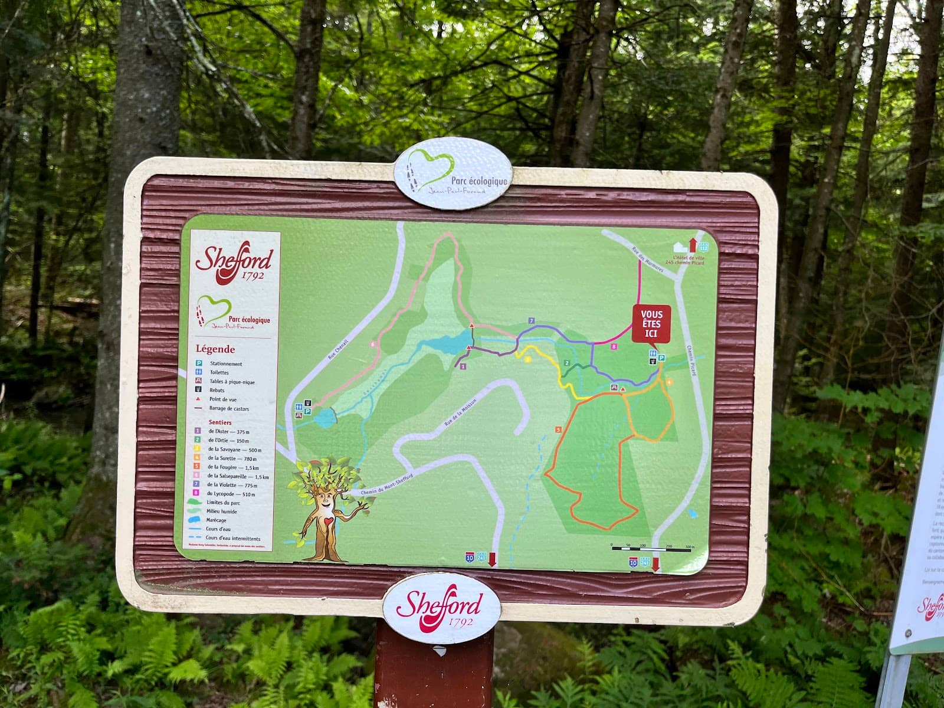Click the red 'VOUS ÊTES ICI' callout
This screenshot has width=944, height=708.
tap(651, 323)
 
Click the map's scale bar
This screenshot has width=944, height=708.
tap(652, 548)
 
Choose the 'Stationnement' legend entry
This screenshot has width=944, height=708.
tap(225, 364)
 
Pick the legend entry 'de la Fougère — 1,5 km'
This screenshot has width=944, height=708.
tap(231, 467)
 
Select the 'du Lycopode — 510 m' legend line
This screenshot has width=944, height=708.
tap(231, 493)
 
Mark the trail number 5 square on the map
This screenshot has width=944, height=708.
tap(558, 429)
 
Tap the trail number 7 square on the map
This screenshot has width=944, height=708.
tap(532, 320)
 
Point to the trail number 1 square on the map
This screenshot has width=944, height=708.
tap(463, 366)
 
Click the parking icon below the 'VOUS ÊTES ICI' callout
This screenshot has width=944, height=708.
tap(661, 358)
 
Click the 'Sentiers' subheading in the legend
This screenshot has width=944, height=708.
tap(220, 422)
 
